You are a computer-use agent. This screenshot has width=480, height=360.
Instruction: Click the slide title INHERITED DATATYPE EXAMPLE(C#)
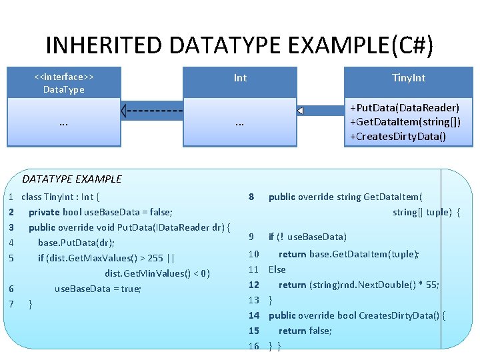pos(239,45)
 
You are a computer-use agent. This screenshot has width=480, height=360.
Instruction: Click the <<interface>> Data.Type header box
pos(63,83)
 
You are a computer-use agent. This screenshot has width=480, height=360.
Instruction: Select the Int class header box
pos(240,78)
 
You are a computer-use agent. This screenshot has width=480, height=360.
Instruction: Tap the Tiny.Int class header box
pos(409,78)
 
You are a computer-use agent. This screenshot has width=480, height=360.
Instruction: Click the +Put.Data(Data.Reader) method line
pos(405,107)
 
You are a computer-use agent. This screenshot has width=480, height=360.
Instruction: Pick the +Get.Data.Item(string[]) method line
pos(405,121)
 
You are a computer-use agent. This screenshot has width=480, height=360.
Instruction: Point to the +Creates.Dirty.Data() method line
pos(398,136)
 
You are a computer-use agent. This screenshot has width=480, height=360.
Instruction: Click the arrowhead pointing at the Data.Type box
pos(124,111)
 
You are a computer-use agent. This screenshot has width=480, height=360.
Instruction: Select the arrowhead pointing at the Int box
pos(301,111)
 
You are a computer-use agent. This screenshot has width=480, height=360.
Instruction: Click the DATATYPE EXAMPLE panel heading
pos(72,179)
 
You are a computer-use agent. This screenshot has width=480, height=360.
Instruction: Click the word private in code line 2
pos(44,212)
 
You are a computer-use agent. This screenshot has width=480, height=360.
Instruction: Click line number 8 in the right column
pos(251,197)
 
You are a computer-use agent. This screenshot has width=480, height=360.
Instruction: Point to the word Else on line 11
pos(277,269)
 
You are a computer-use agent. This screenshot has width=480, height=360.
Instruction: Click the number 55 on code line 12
pos(431,285)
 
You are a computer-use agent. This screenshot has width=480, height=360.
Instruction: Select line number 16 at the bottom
pos(253,346)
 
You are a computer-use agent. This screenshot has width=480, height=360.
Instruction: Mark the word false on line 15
pos(319,331)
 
